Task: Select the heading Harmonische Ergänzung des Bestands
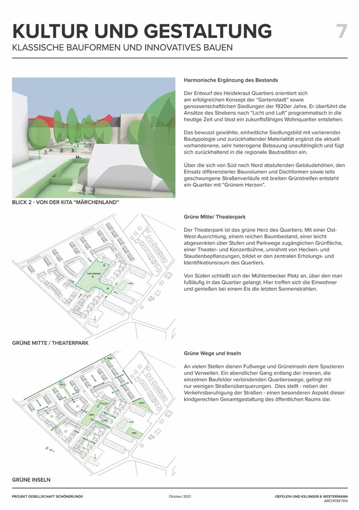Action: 231,80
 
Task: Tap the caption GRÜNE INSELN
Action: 31,480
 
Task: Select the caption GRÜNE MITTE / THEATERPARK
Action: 50,343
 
